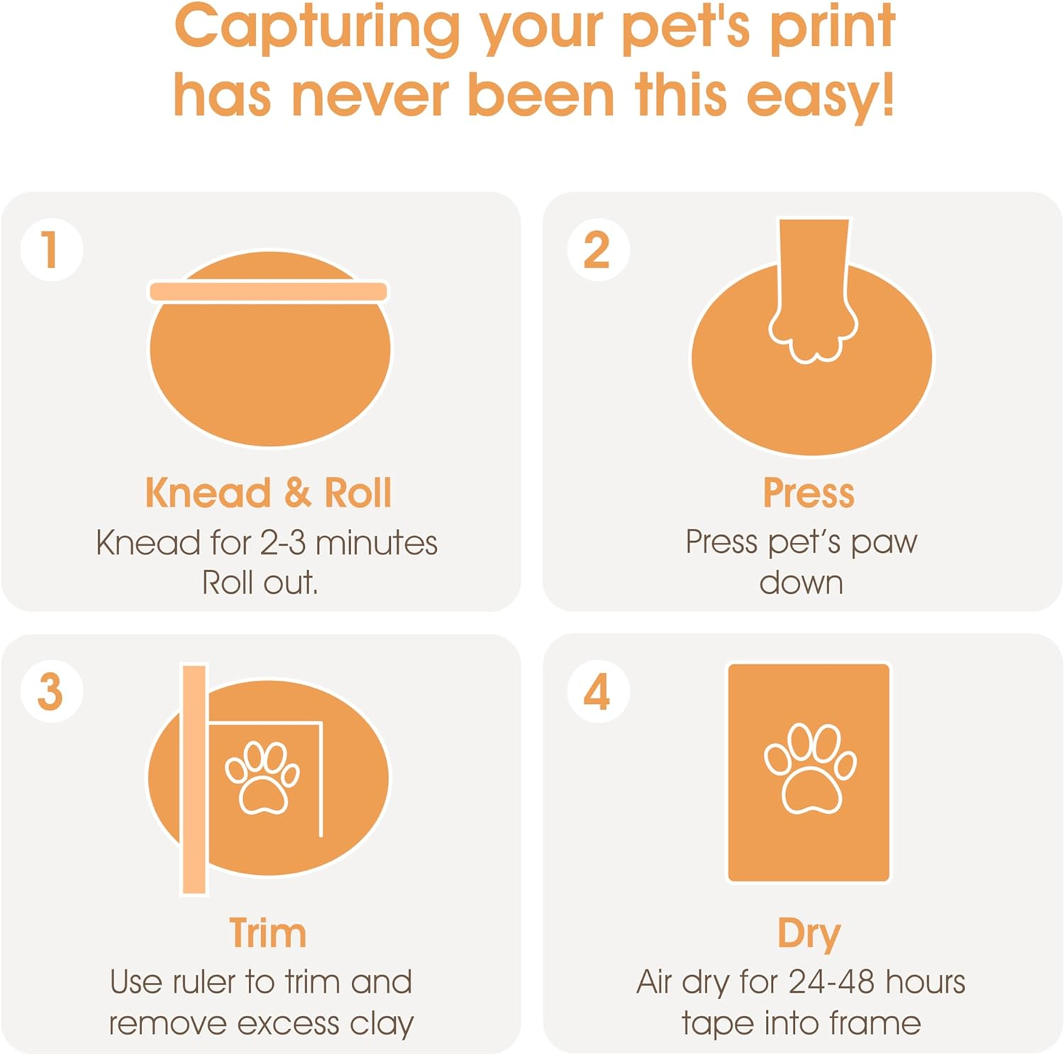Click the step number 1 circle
point(51,250)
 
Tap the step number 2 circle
point(598,250)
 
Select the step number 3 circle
point(51,691)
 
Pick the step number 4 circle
point(598,691)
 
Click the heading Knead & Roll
point(267,493)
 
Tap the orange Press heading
point(808,493)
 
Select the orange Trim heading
point(267,933)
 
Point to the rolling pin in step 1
point(268,291)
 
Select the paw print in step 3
point(262,778)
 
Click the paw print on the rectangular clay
point(810,769)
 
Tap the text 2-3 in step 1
point(283,544)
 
